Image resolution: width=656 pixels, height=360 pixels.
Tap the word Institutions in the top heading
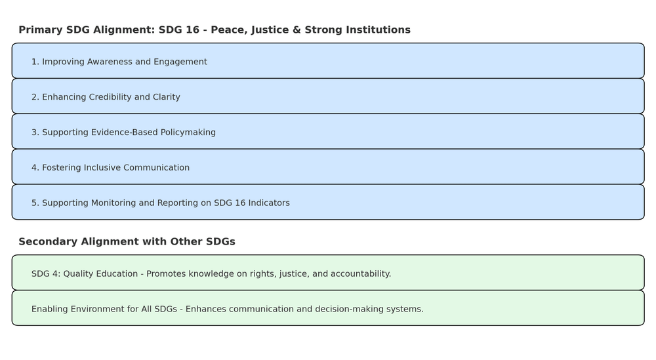(379, 30)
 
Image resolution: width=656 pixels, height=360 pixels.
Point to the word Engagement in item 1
(180, 62)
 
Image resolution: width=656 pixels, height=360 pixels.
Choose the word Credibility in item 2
(108, 97)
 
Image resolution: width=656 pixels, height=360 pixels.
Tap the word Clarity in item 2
(167, 98)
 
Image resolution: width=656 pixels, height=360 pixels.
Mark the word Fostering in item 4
(62, 168)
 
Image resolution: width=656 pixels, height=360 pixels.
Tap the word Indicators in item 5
(269, 203)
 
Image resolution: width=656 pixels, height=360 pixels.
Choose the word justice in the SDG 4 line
(294, 274)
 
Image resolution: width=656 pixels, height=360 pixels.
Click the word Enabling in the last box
(49, 310)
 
